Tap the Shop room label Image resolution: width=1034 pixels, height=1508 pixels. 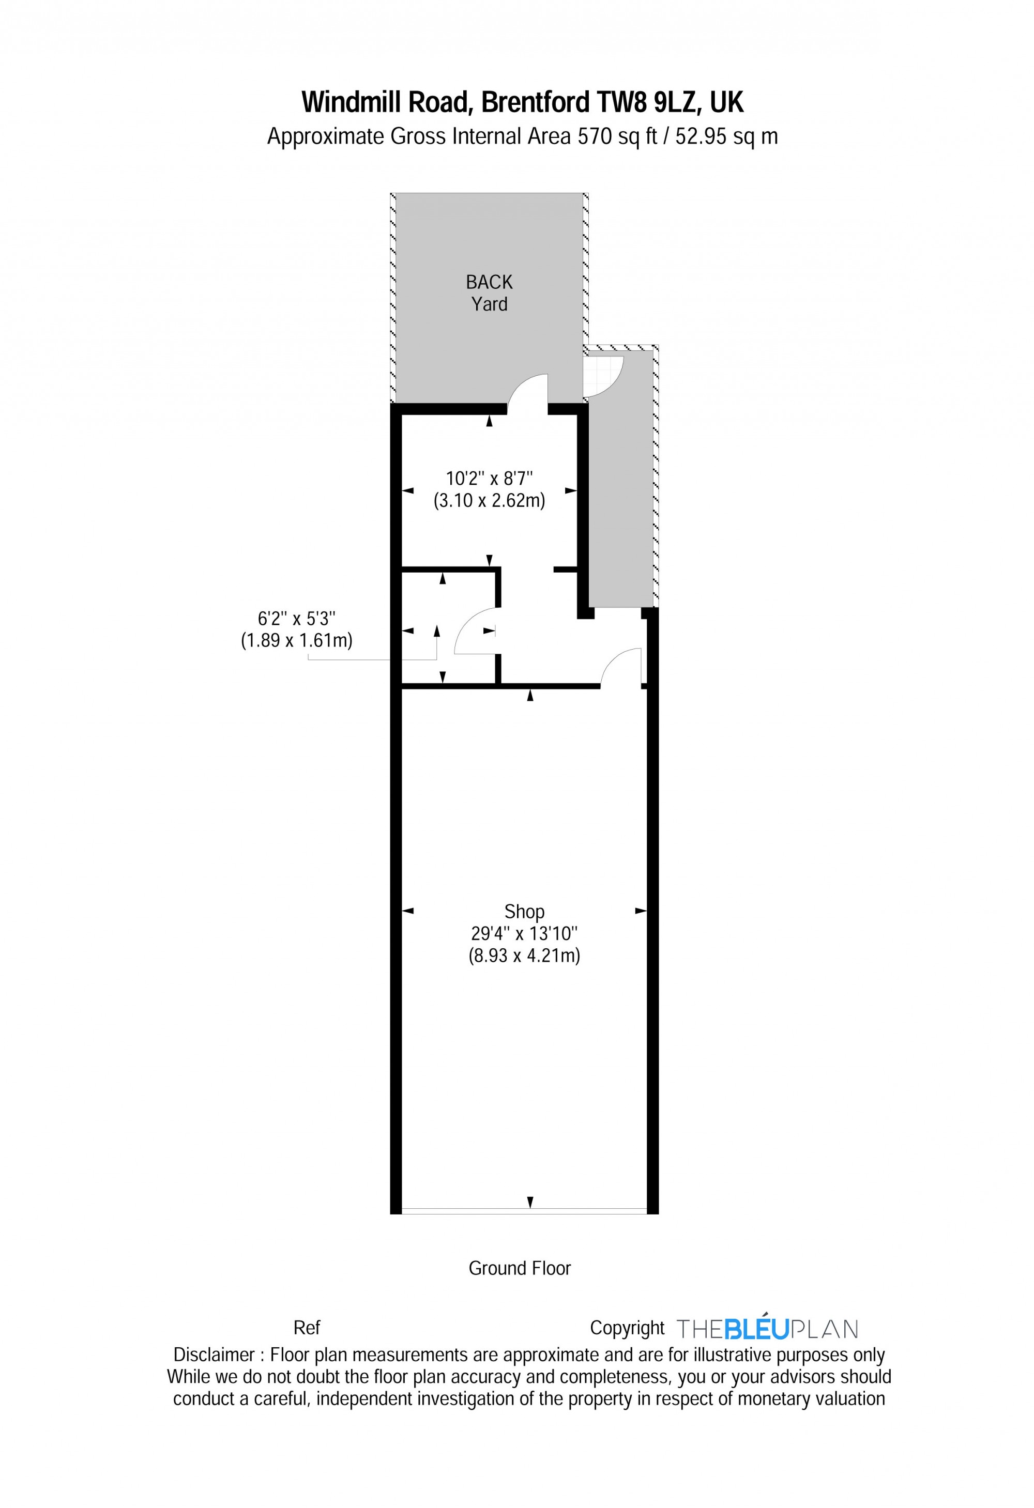click(524, 912)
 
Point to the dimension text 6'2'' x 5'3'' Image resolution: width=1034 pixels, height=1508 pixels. click(296, 619)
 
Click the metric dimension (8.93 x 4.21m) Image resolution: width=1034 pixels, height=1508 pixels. click(524, 956)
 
